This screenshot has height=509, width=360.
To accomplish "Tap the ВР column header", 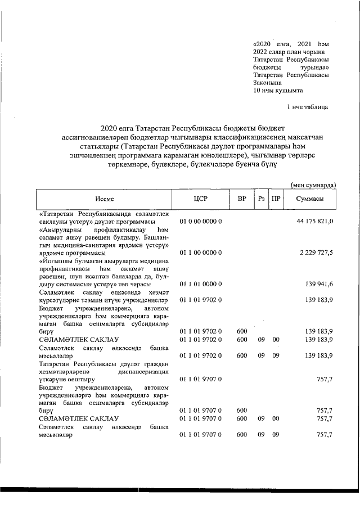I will [x=241, y=200].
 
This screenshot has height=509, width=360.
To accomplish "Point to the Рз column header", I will [x=262, y=200].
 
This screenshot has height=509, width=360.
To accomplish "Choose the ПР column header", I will [x=276, y=200].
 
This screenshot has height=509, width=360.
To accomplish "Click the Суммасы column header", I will [x=309, y=200].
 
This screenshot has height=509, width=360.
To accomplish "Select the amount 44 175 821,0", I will [x=315, y=222].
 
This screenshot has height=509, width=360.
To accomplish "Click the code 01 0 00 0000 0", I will [x=201, y=222].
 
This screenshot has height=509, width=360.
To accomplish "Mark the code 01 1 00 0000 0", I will [x=201, y=253].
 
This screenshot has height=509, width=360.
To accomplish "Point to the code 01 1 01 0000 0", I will [x=201, y=285].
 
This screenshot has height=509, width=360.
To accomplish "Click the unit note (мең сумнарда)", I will [x=313, y=184].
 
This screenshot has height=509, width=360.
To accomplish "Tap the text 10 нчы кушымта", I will [x=278, y=89].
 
